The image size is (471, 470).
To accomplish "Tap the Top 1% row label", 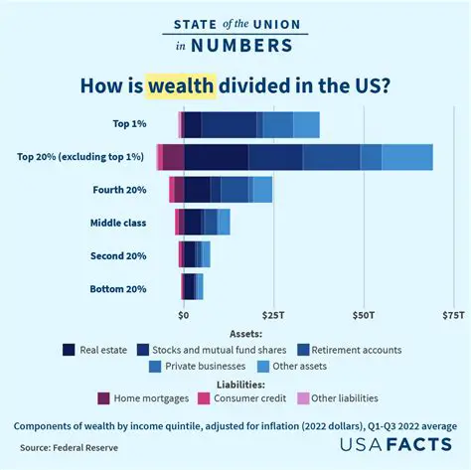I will pos(129,124).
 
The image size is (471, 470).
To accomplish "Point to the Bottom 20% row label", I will pos(119,289).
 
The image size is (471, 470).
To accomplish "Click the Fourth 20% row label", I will pos(119,190).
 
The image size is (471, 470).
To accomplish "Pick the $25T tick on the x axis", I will pos(273,315).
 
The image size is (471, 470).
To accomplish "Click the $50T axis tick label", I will pos(365,315).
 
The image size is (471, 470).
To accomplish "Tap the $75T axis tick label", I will pos(453,315).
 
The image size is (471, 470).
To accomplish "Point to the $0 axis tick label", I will pos(183,315).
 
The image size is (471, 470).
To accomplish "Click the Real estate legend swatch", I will pos(69,350).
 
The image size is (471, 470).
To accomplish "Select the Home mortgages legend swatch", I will pos(103,398).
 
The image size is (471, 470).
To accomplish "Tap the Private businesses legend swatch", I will pos(155,367).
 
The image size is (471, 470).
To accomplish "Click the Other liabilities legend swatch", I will pos(303,398).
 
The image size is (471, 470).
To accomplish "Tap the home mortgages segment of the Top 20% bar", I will pos(173,157).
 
